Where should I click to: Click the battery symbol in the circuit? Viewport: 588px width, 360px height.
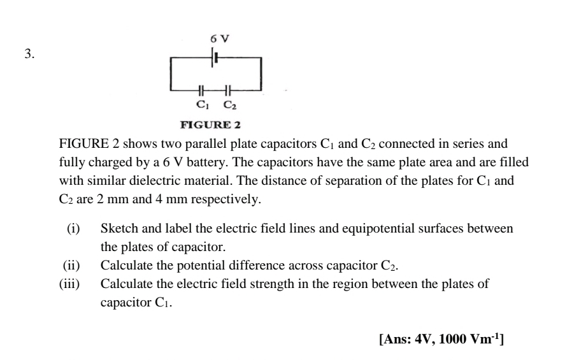(215, 57)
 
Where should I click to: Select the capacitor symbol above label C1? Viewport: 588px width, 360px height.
(201, 90)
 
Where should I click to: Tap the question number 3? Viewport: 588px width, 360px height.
(29, 54)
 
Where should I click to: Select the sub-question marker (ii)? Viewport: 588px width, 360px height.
(71, 266)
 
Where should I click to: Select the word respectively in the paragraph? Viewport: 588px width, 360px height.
(226, 199)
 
